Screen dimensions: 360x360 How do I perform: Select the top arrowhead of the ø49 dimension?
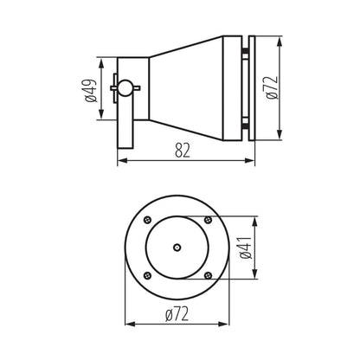(104, 61)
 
